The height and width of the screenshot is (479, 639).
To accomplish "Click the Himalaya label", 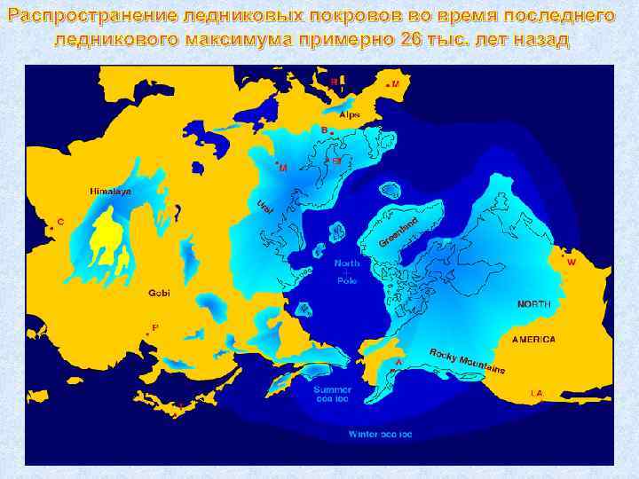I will coord(110,192).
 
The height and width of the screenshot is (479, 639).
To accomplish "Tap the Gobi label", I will coord(159,292).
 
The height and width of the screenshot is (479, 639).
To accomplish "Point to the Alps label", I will coord(350,114).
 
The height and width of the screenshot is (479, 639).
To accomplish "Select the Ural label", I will coord(265,208).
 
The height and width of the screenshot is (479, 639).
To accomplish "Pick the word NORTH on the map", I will coord(533,304).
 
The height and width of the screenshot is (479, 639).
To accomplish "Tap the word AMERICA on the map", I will coord(533,340).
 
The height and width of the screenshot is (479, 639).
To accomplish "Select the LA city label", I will coord(536,392).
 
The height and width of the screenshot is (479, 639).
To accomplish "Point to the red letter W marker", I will coord(571,263).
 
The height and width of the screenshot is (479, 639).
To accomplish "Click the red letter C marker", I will coord(59,221).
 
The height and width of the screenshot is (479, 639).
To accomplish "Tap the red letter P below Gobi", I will coord(154,327).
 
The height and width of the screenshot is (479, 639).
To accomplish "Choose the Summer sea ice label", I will coord(332,394).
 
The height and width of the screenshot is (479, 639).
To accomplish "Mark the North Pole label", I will coord(347,271).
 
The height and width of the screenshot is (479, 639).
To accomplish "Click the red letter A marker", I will coord(398,362).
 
